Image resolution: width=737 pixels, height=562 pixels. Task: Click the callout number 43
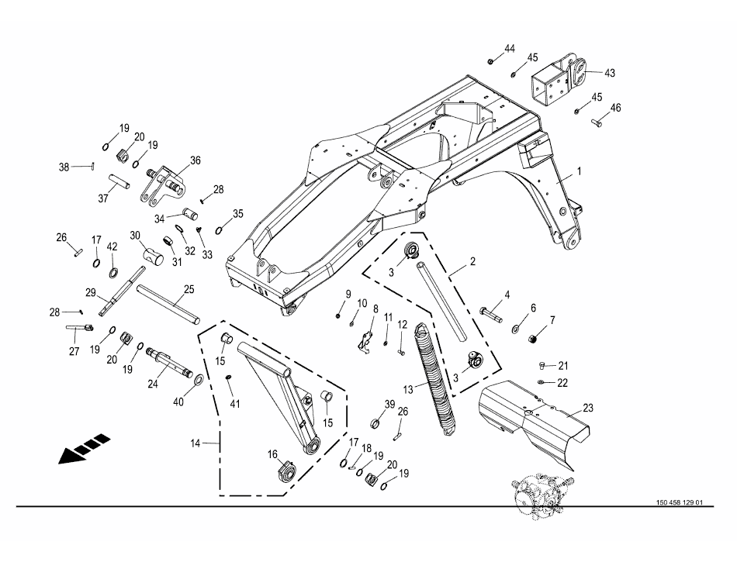pos(610,73)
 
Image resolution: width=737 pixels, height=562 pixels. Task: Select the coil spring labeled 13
pos(436,380)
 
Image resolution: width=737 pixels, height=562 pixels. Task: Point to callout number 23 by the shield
pos(588,407)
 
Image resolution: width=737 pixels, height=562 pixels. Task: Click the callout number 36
pos(195,160)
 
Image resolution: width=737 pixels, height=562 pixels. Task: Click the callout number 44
pos(509,49)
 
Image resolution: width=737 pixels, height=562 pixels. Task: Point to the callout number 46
pos(615,108)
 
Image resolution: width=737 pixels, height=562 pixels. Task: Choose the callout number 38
pos(64,167)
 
